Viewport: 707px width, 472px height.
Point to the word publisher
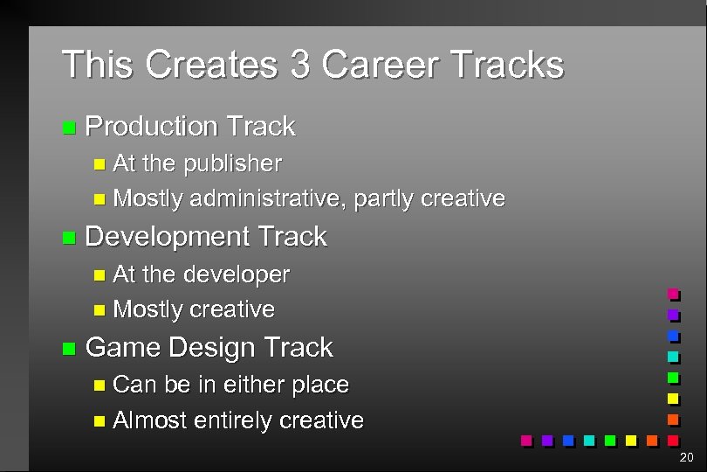[x=231, y=163]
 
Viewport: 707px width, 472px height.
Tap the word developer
[x=236, y=274]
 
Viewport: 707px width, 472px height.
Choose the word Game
[x=123, y=347]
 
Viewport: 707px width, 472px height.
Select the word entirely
[x=233, y=421]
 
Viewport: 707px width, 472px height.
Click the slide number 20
[x=686, y=457]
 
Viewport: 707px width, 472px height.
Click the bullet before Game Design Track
[x=69, y=349]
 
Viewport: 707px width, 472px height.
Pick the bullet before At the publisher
[x=99, y=164]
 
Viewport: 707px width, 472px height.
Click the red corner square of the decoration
[x=673, y=440]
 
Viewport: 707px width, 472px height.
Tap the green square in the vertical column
[x=673, y=378]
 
